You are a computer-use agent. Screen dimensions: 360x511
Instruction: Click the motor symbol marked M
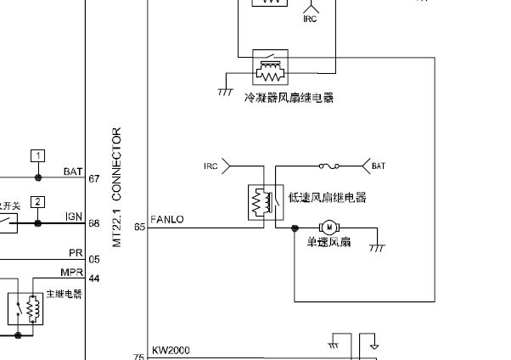pyautogui.click(x=328, y=228)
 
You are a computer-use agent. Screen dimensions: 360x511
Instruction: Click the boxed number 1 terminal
pyautogui.click(x=37, y=155)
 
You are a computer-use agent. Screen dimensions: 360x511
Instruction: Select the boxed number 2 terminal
pyautogui.click(x=37, y=201)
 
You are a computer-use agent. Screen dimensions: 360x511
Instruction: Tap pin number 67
pyautogui.click(x=94, y=179)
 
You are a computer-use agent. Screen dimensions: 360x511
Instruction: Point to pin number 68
pyautogui.click(x=94, y=224)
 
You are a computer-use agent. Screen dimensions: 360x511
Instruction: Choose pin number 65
pyautogui.click(x=139, y=227)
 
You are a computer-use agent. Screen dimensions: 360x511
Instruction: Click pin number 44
pyautogui.click(x=94, y=278)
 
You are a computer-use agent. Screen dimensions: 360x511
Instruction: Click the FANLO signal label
pyautogui.click(x=166, y=220)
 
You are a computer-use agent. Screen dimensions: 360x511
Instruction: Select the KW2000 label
pyautogui.click(x=171, y=350)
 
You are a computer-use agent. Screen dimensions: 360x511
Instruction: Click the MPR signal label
pyautogui.click(x=71, y=273)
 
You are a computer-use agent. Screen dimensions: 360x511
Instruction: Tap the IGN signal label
pyautogui.click(x=73, y=217)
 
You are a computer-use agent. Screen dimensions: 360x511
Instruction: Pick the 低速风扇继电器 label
pyautogui.click(x=327, y=198)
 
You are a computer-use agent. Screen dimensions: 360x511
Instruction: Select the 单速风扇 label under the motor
pyautogui.click(x=328, y=242)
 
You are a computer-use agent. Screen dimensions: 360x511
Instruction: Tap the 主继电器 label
pyautogui.click(x=65, y=294)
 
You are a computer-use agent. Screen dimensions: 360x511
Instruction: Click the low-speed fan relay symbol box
pyautogui.click(x=261, y=202)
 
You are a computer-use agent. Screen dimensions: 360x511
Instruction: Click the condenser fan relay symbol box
pyautogui.click(x=271, y=64)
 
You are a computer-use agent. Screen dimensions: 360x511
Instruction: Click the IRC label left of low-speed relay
pyautogui.click(x=211, y=166)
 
